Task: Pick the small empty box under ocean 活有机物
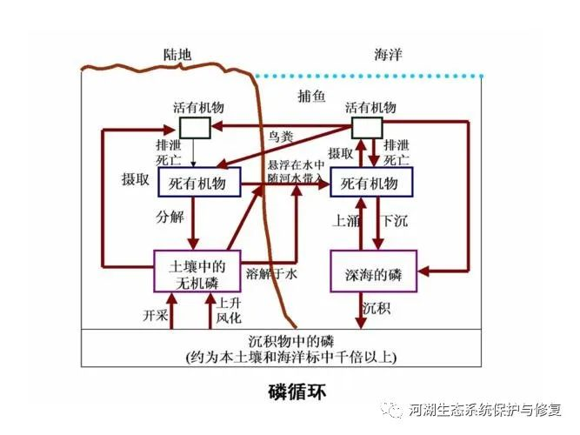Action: coord(365,128)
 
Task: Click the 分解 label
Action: coord(170,217)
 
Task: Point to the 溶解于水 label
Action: coord(270,274)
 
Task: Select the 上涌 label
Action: coord(343,220)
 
